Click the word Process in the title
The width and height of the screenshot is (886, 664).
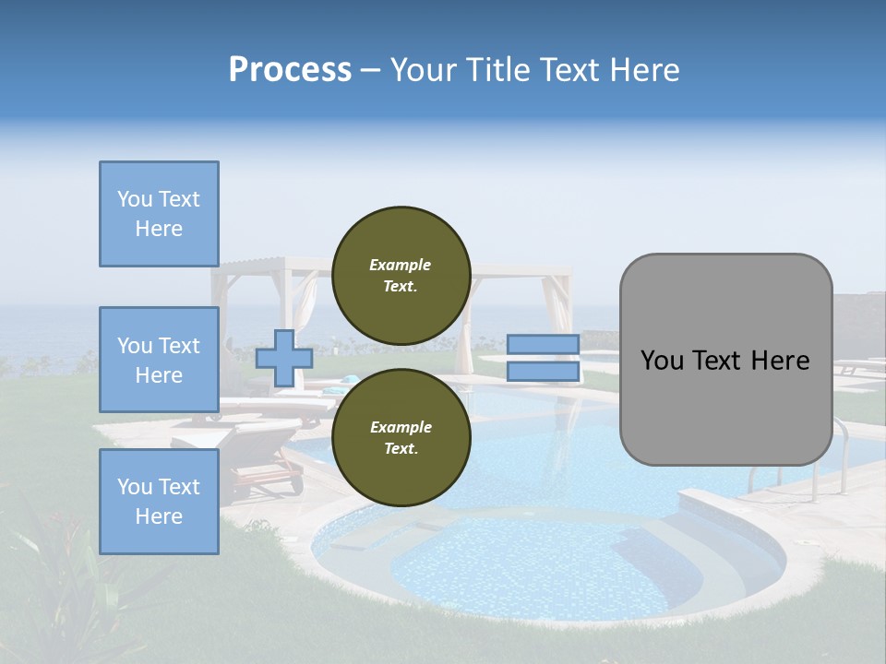(x=290, y=70)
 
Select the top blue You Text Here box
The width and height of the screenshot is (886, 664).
(x=159, y=214)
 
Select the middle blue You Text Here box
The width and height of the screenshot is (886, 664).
(x=159, y=360)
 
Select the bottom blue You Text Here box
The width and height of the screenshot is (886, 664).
(x=159, y=502)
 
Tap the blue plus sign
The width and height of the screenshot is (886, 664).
(x=284, y=358)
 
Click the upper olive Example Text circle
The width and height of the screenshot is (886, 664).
(x=401, y=275)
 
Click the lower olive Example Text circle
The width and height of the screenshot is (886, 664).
(x=401, y=437)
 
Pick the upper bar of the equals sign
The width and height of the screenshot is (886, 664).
(x=543, y=344)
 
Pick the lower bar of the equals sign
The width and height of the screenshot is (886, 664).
(x=543, y=371)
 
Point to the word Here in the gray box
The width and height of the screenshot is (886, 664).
(x=780, y=361)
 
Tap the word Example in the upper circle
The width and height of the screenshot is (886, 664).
(x=401, y=265)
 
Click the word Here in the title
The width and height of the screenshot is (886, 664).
(x=644, y=70)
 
